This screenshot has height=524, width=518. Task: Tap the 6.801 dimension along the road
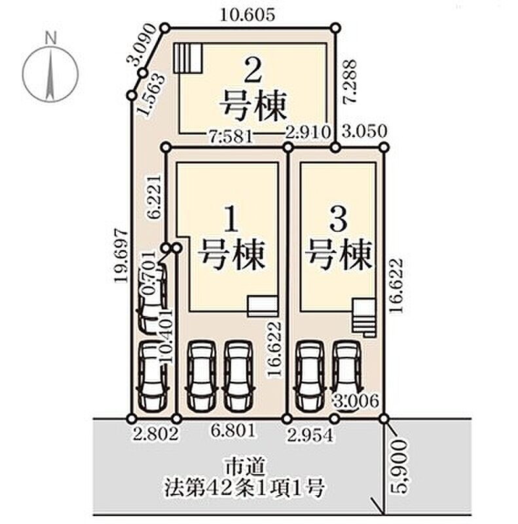tap(233, 432)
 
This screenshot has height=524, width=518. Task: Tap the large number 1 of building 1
tap(231, 221)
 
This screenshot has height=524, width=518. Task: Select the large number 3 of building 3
tap(338, 221)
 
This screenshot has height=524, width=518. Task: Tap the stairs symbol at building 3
tap(363, 317)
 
